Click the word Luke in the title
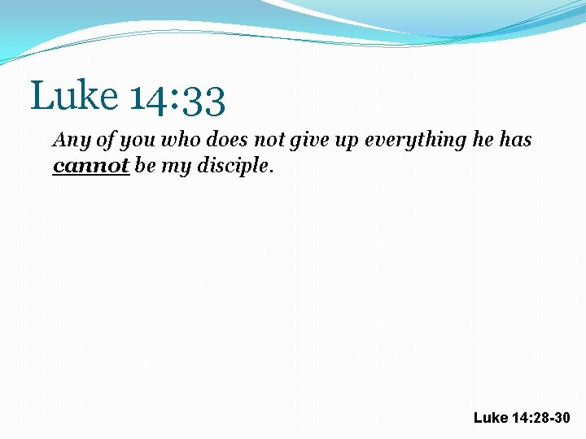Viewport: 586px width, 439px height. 74,96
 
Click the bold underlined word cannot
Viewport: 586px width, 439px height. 91,167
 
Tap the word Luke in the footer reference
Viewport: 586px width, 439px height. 490,418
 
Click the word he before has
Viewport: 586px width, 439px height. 481,140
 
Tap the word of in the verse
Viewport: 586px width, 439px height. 106,140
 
